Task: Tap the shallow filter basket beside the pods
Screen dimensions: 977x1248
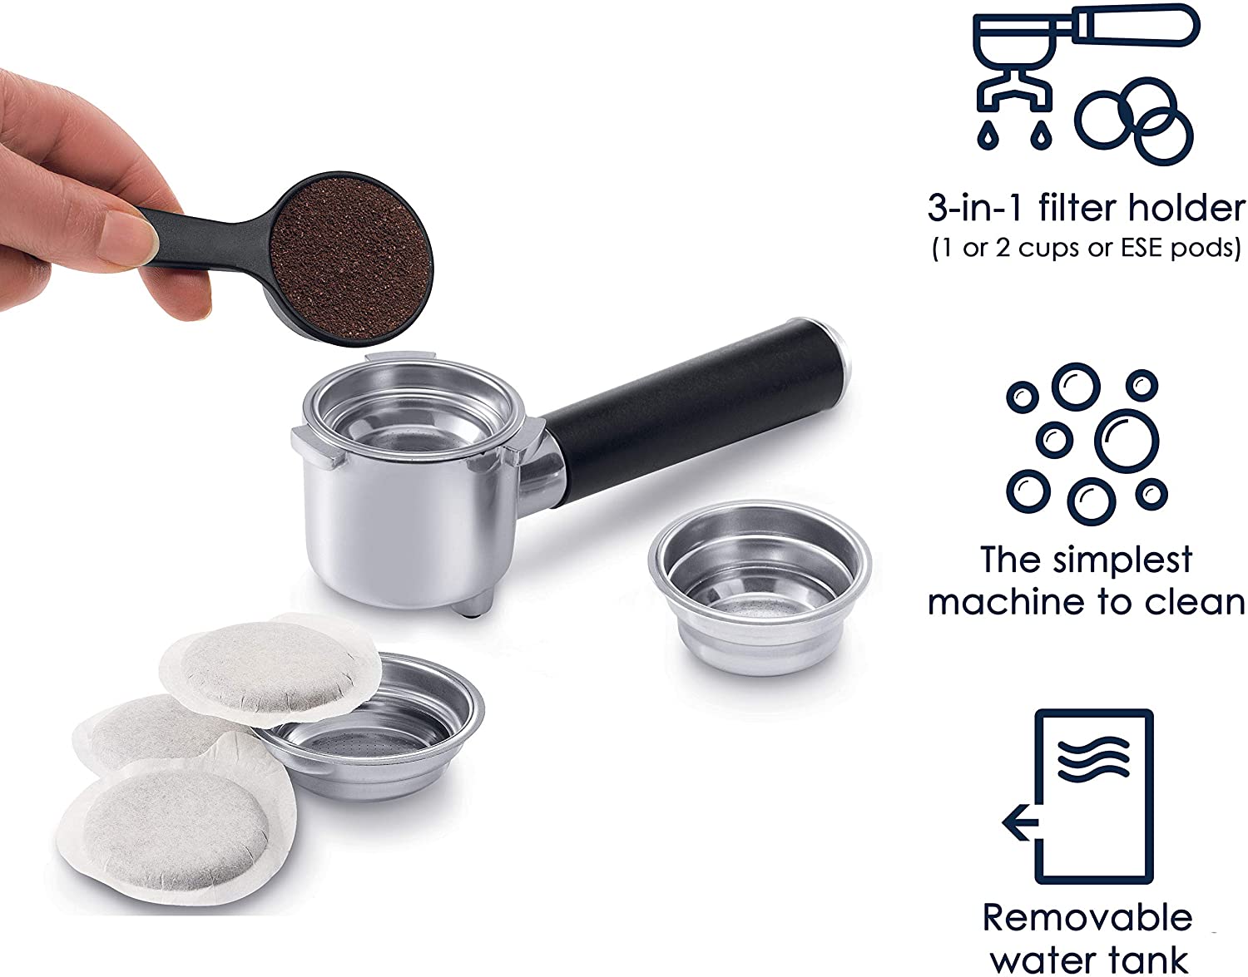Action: pos(374,733)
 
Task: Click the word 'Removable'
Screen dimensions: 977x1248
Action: pos(1087,917)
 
